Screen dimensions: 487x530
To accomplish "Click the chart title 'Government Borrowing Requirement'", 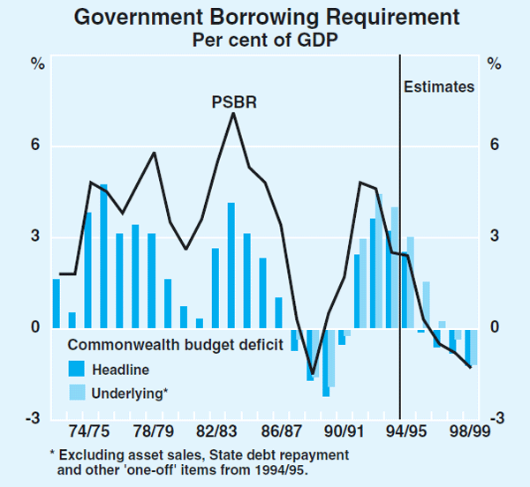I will pyautogui.click(x=266, y=17).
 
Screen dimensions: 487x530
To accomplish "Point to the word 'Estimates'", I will pyautogui.click(x=439, y=86).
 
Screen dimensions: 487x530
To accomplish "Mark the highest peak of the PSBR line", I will pyautogui.click(x=233, y=113).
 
